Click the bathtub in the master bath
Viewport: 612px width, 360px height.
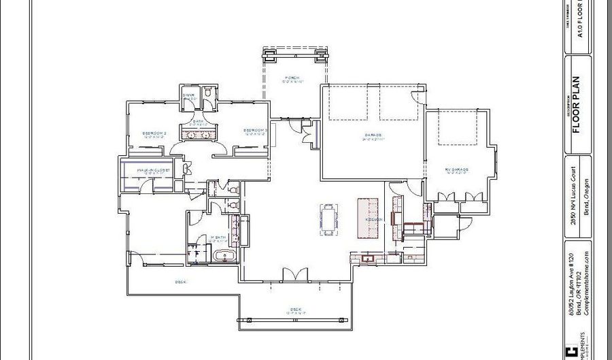pyautogui.click(x=224, y=256)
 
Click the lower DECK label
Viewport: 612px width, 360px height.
pyautogui.click(x=295, y=310)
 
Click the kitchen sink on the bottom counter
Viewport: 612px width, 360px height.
pyautogui.click(x=370, y=258)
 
